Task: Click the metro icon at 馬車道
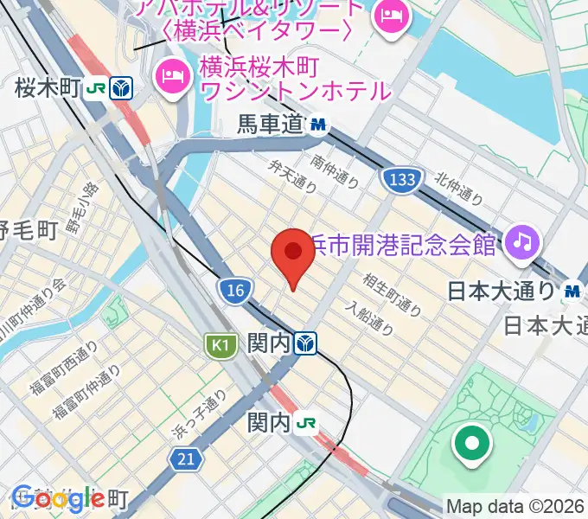pyautogui.click(x=319, y=125)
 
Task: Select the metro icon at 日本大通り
pyautogui.click(x=572, y=291)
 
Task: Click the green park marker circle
pyautogui.click(x=473, y=445)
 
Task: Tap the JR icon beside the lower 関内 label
pyautogui.click(x=306, y=423)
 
